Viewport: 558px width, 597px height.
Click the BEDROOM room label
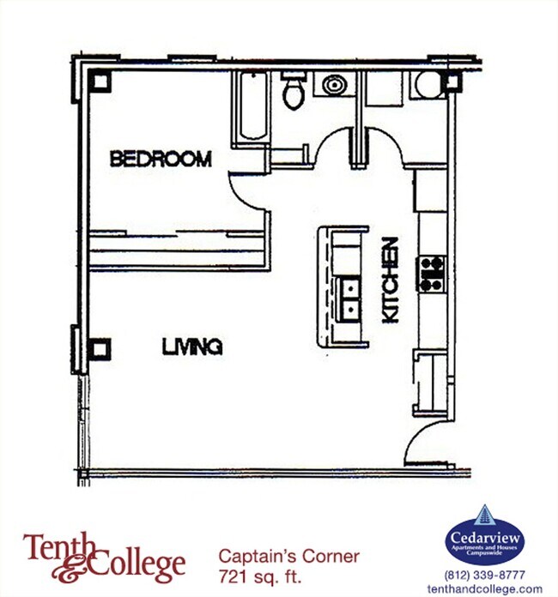point(161,159)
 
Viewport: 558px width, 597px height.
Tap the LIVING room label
point(193,347)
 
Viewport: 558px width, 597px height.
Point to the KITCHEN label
point(391,280)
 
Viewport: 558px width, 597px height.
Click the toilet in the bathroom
point(294,91)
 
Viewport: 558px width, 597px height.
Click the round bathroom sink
point(333,85)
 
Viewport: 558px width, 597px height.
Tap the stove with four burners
point(431,272)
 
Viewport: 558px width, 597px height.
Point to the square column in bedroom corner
point(100,83)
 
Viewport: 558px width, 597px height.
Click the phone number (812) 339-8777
point(484,575)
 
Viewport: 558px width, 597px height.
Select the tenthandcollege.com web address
point(485,588)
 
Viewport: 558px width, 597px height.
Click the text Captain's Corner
point(288,556)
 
